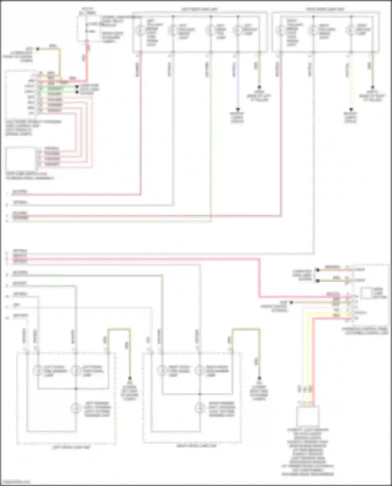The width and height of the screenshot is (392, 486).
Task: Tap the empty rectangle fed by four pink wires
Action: [21, 159]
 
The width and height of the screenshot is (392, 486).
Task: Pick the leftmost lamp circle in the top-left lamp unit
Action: [140, 31]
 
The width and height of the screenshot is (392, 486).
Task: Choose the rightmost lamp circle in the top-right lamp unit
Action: [350, 31]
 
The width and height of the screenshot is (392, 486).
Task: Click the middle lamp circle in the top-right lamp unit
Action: [313, 31]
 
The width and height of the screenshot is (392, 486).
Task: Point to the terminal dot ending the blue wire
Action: [238, 109]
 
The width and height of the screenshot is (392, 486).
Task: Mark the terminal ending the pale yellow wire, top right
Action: [351, 109]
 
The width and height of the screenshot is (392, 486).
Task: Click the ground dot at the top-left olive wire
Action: [38, 49]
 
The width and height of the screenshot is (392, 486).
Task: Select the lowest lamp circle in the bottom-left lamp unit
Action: [76, 408]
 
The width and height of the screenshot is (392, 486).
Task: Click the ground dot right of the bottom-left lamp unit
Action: [130, 378]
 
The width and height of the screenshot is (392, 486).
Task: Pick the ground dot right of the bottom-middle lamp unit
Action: [259, 378]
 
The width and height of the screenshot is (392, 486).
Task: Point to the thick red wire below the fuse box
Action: [87, 63]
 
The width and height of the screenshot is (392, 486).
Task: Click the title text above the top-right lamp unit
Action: [325, 9]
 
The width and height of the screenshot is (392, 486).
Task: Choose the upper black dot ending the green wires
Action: [77, 86]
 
